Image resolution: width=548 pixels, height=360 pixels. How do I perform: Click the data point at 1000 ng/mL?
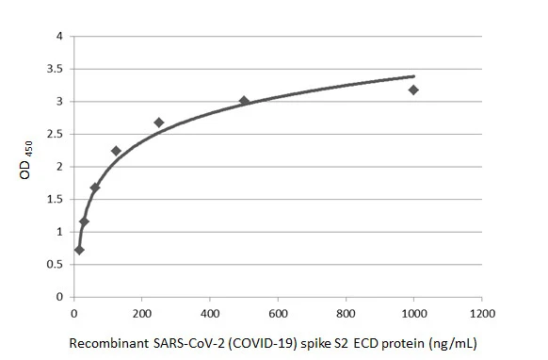pos(413,90)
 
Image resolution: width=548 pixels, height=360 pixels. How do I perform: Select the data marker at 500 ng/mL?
pos(244,101)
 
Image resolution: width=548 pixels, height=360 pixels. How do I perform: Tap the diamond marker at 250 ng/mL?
pos(158,123)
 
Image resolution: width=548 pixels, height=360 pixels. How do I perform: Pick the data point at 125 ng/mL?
pos(116,151)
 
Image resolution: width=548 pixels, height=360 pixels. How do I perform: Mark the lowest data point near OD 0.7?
pos(79,250)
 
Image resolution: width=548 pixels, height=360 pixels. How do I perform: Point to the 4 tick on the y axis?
pos(58,37)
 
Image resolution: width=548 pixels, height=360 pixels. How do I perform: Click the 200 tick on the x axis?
pos(141,311)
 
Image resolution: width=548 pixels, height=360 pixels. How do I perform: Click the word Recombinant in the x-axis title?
pos(105,343)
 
